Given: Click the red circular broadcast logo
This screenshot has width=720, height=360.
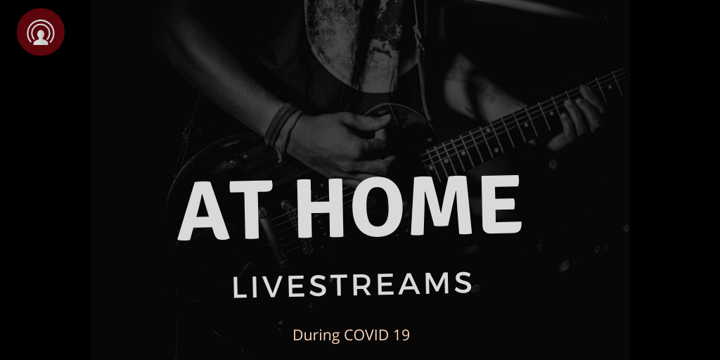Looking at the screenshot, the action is (40, 32).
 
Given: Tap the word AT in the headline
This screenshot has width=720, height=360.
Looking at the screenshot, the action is (226, 210).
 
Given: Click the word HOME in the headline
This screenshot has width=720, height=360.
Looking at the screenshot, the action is (409, 206).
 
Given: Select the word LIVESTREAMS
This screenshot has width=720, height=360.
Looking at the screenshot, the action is (352, 285).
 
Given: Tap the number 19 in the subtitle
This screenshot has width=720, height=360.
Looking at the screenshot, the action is (401, 335).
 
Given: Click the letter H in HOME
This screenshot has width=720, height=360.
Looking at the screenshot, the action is (320, 208).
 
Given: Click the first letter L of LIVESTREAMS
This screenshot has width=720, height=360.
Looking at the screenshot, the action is (239, 288).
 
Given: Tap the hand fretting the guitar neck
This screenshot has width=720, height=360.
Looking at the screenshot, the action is (577, 117).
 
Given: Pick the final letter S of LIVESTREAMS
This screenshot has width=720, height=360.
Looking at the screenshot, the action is (464, 283).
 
